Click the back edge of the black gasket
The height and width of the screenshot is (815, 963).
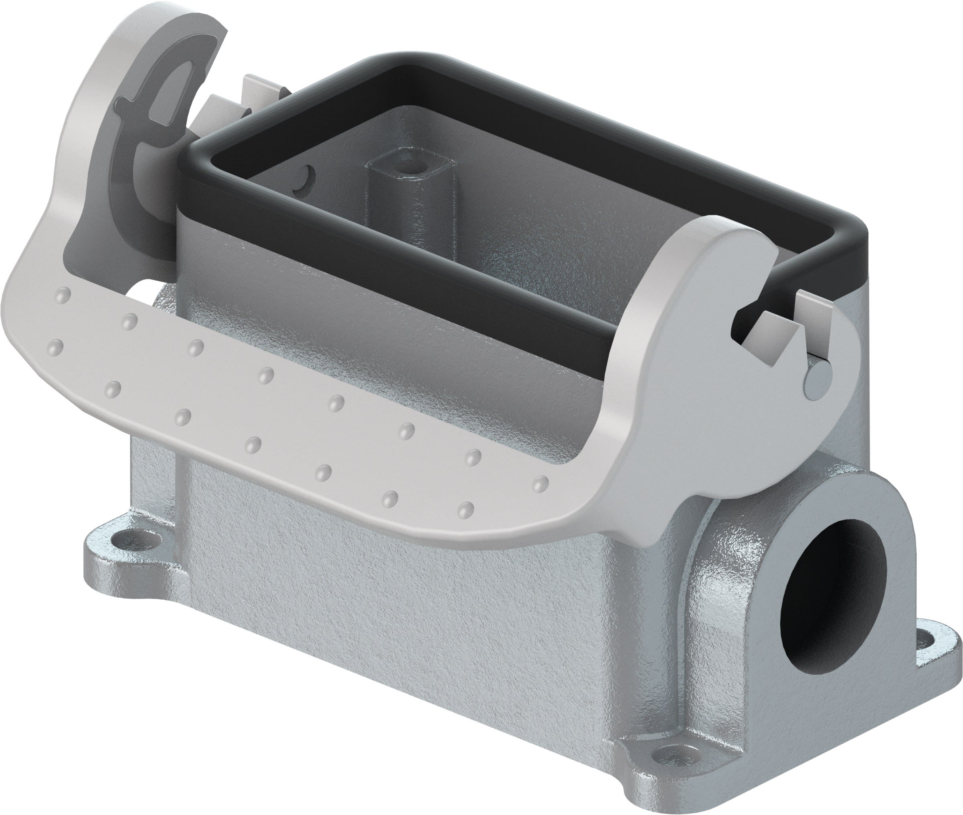[601, 125]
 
